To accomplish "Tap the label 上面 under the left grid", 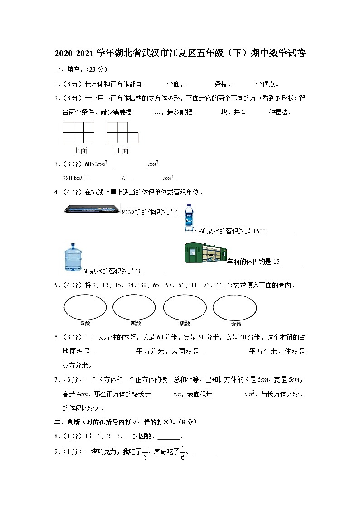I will [80, 150].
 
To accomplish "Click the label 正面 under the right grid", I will [122, 150].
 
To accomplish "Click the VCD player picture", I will [92, 209].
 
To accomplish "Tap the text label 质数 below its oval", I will [185, 324].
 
